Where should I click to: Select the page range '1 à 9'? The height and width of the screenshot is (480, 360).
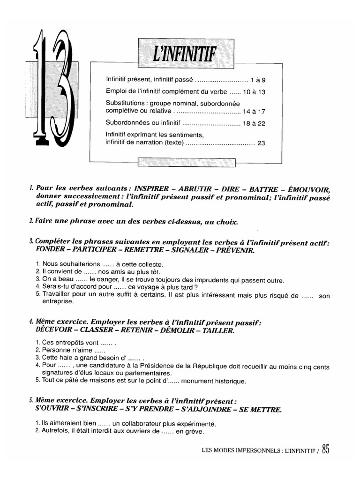coord(258,80)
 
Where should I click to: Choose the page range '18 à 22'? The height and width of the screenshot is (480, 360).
coord(255,125)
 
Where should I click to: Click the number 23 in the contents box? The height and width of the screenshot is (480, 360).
coord(262,144)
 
